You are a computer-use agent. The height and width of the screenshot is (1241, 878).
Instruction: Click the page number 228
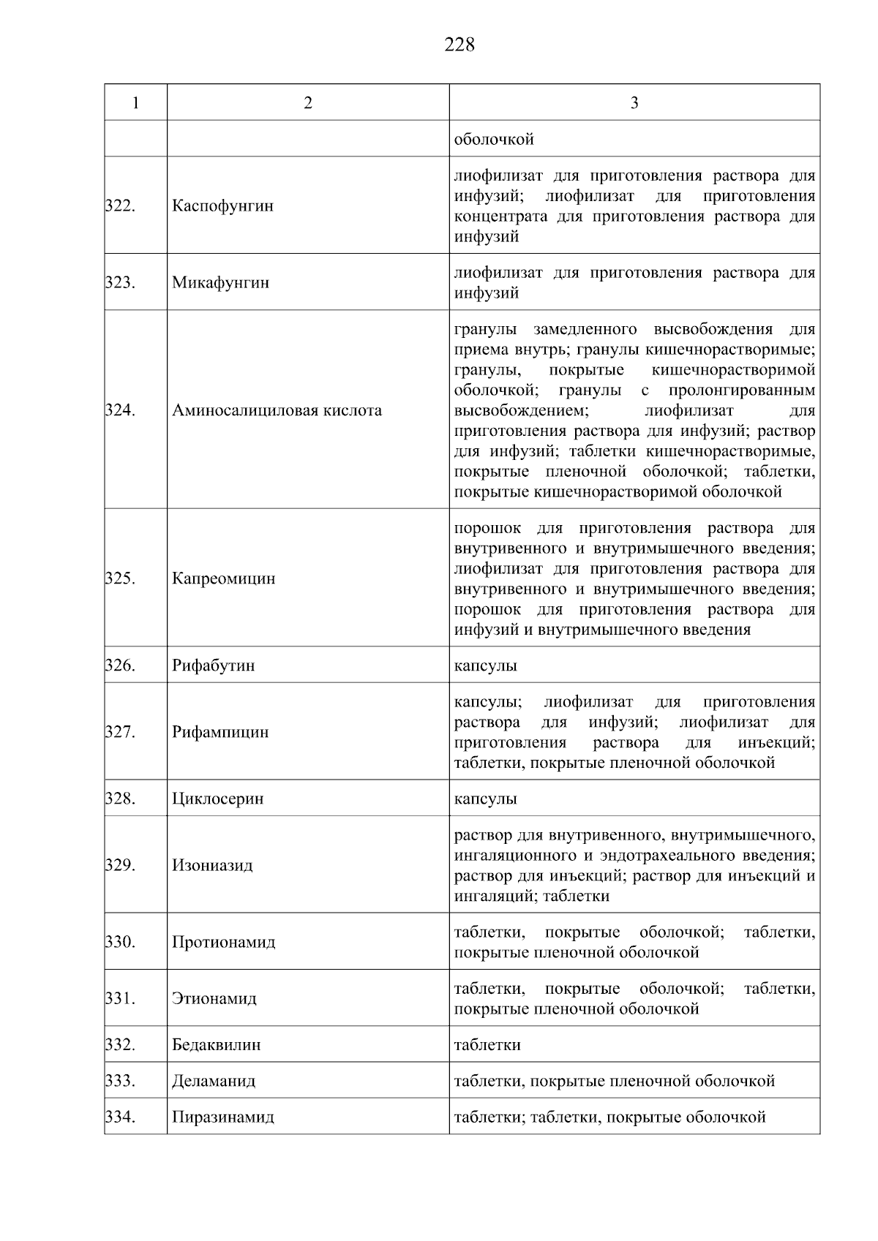459,45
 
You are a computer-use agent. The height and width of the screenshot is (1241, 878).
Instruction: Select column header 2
308,103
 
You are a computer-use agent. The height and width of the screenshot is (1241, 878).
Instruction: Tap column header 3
634,103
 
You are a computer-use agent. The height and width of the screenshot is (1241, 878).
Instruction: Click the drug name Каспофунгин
222,206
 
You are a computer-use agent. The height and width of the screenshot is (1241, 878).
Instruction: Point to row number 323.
121,283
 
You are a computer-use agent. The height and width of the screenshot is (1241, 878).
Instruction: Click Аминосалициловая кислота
277,411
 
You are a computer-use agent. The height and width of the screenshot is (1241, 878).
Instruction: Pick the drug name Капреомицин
223,579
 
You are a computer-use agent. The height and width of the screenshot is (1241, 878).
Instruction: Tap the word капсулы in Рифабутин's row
485,666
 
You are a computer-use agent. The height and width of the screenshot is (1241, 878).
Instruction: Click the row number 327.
121,732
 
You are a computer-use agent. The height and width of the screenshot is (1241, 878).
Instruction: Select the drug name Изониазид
212,866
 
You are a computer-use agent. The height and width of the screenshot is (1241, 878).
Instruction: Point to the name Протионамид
223,943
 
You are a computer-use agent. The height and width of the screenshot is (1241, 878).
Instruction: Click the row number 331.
121,999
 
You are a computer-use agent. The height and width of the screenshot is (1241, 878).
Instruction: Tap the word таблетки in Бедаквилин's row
487,1045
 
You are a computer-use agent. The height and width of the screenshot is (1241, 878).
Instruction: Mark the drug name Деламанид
214,1082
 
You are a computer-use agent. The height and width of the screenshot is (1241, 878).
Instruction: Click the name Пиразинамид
222,1118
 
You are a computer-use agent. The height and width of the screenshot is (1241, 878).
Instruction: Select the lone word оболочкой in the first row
494,140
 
